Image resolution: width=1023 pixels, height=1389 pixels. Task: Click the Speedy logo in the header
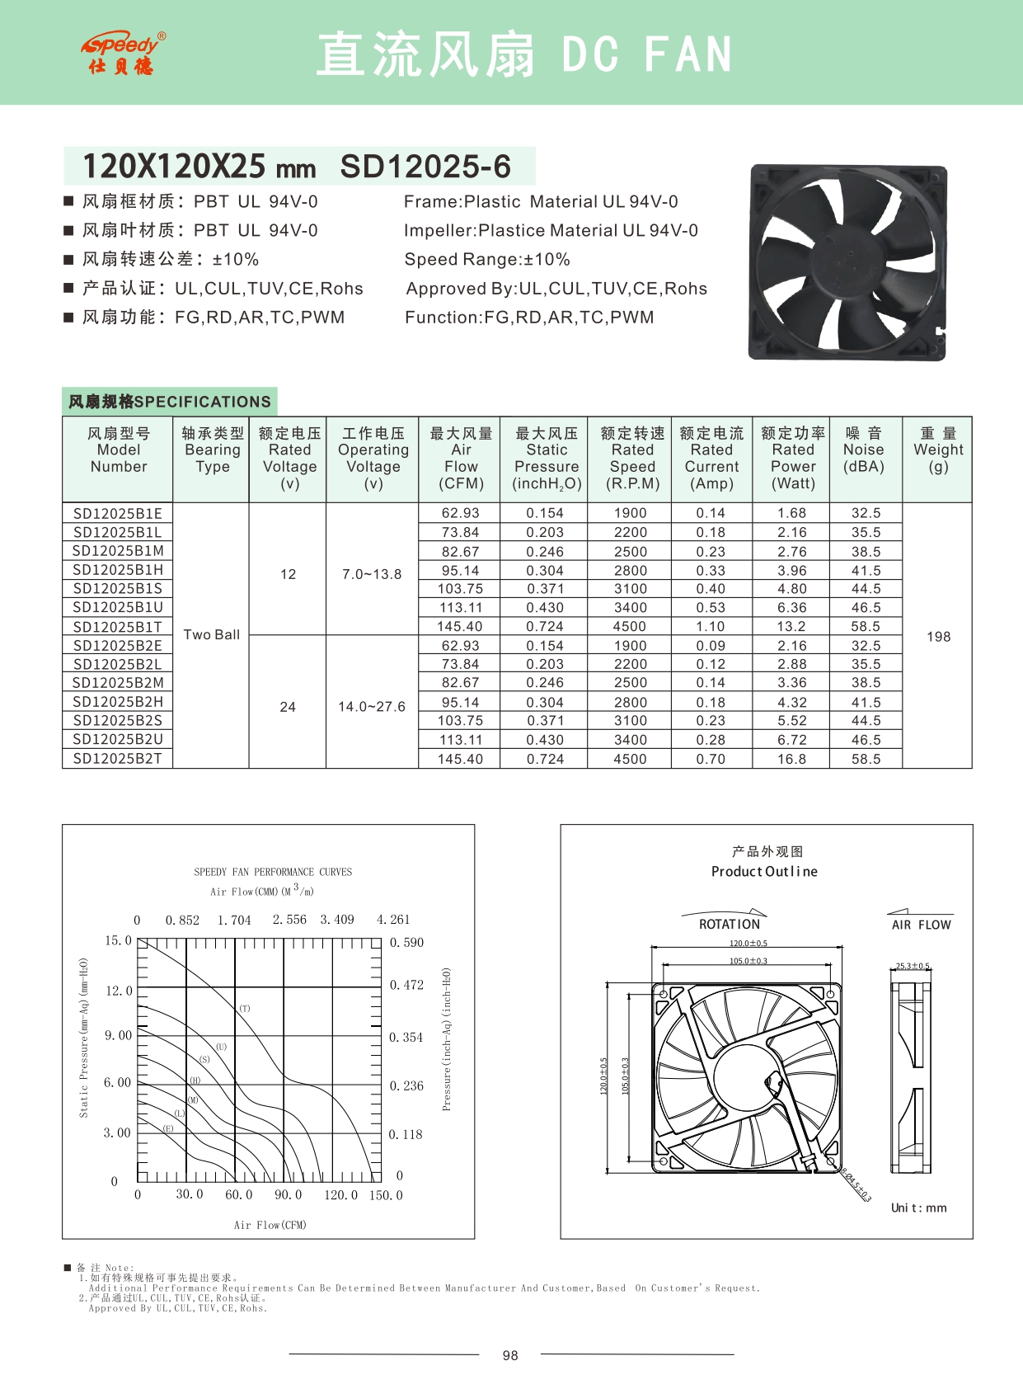pos(124,54)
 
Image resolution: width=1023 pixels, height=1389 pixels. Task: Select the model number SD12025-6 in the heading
pos(425,167)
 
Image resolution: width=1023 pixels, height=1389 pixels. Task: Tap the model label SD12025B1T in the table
pos(117,627)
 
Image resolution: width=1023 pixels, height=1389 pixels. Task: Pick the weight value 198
pos(938,637)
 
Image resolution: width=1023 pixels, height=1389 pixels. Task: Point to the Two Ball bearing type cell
pos(211,634)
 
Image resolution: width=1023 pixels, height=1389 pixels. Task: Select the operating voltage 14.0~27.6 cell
pos(372,707)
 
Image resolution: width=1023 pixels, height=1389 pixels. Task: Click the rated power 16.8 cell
pos(791,759)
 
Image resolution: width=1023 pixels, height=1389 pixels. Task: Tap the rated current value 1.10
pos(711,627)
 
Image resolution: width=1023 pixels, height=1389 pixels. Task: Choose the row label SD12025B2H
pos(117,702)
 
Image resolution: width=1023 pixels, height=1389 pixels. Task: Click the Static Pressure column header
pos(547,458)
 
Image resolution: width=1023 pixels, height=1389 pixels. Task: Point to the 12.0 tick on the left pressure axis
pos(119,991)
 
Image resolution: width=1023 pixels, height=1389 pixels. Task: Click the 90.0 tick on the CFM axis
pos(288,1194)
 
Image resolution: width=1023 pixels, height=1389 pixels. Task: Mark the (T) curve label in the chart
pos(245,1009)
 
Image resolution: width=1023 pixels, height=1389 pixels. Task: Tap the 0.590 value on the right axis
pos(406,943)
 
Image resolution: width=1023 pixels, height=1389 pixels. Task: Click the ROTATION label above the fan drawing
pos(730,925)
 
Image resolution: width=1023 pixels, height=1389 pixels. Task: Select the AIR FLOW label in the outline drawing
pos(921,925)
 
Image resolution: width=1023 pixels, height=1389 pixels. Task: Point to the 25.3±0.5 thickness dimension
pos(913,966)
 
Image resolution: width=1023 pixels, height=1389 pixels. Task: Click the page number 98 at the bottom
pos(510,1355)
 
